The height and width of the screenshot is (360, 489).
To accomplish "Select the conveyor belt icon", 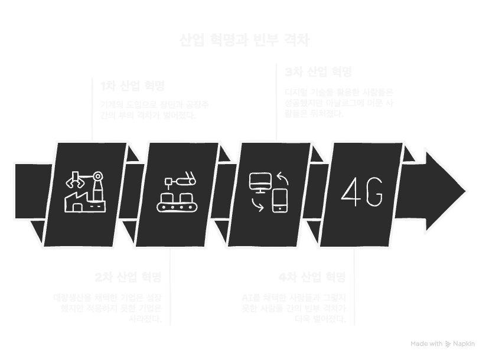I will [177, 204].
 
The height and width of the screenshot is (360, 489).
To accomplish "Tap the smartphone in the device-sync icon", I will [279, 201].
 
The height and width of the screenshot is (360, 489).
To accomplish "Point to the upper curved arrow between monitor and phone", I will [283, 176].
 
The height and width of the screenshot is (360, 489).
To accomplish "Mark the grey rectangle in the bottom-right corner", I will [444, 345].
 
